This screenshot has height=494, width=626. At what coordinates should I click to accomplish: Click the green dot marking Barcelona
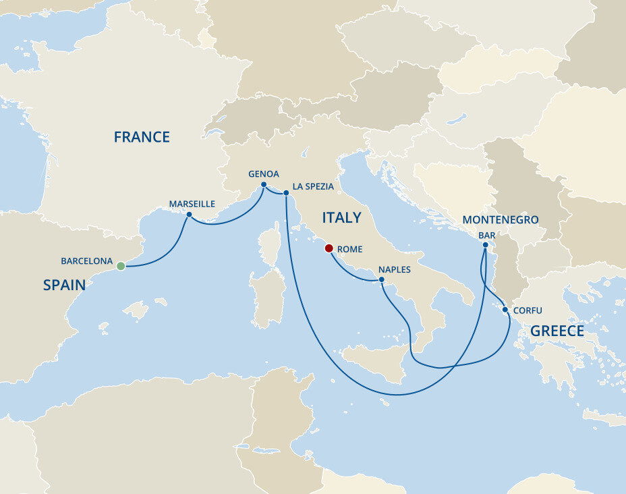121,266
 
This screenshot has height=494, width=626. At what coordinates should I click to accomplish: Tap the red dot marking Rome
329,248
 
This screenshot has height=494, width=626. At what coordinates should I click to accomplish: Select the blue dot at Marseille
189,215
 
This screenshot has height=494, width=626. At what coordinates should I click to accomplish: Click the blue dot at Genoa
263,184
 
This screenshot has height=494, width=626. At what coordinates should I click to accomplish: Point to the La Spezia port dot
286,193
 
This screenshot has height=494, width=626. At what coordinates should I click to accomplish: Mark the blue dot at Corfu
505,310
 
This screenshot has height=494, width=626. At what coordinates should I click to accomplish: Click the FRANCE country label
142,138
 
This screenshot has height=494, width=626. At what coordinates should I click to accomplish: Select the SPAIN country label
64,285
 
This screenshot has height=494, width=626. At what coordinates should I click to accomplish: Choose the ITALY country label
341,218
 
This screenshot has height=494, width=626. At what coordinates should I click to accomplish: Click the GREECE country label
557,331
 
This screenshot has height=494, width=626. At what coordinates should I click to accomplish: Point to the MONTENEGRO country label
501,220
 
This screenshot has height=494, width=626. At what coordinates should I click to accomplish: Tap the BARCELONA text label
86,260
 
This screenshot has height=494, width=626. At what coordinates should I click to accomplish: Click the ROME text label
349,250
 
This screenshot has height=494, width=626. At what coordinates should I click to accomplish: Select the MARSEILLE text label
192,204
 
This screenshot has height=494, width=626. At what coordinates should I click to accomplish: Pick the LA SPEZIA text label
313,186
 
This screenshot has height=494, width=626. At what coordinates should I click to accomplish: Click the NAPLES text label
394,269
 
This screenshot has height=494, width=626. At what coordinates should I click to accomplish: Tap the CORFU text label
528,311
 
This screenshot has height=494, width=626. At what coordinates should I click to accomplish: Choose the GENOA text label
264,173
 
